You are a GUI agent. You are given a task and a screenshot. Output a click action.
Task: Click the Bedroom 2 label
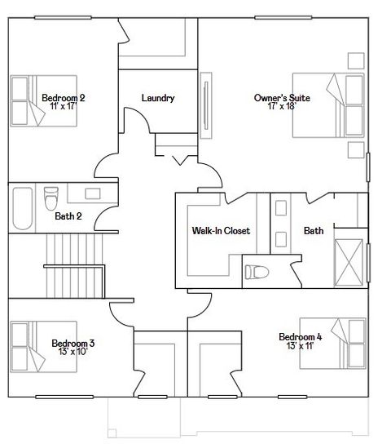point(63,97)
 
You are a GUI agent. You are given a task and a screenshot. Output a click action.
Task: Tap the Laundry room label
point(157,98)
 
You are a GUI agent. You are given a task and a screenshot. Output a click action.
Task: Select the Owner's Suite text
point(282,98)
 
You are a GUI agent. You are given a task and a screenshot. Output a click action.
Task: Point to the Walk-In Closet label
point(220,231)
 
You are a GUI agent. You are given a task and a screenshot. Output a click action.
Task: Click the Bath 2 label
point(67,216)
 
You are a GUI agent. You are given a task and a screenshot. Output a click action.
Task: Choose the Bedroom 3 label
point(72,344)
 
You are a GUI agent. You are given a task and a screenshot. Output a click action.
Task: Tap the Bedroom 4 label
point(301,337)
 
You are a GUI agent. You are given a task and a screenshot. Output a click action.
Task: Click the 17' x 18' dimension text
point(282,107)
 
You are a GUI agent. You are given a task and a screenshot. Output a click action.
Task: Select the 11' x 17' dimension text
point(63,106)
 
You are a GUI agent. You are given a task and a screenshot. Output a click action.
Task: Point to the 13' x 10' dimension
point(72,353)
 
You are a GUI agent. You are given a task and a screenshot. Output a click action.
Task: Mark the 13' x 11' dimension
point(301,346)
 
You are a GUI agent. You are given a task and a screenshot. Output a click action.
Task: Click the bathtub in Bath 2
point(21,210)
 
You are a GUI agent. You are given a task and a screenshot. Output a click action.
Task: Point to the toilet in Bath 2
point(51,198)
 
